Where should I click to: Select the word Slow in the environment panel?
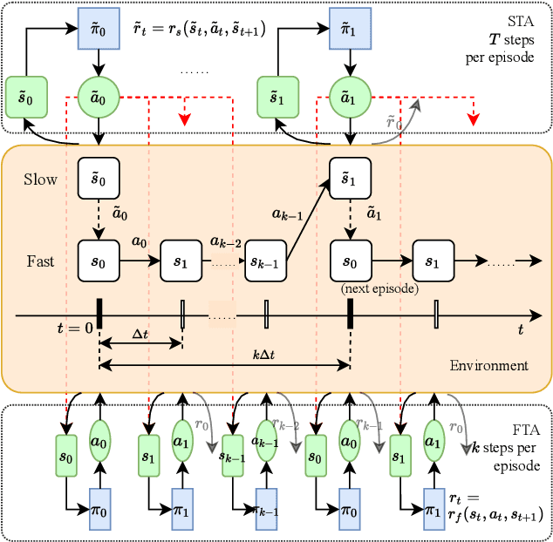tap(41, 180)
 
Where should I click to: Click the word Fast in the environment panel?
tap(40, 260)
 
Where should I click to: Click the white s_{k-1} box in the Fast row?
tap(267, 261)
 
